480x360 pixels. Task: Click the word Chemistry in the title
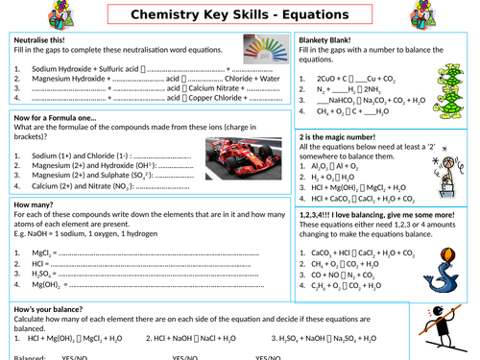167,16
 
